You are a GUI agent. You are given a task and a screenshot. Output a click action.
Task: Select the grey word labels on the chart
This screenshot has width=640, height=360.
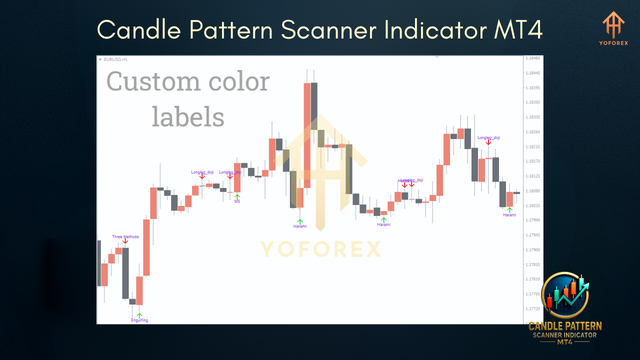188,116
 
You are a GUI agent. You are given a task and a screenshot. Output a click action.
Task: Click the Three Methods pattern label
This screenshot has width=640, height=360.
125,236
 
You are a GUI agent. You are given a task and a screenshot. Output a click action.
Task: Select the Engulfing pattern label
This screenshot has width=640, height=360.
139,320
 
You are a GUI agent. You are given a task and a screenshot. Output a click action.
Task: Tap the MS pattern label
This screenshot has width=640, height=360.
237,201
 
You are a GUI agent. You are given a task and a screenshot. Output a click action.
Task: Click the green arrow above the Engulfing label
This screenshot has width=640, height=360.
139,314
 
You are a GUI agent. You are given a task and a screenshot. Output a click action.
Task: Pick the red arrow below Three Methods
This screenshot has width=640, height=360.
125,242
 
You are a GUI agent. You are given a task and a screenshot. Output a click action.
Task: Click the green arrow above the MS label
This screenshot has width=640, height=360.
237,196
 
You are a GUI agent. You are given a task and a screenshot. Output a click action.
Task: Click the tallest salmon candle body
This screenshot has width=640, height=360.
307,135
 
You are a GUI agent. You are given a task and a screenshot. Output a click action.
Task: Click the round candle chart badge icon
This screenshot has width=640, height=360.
565,295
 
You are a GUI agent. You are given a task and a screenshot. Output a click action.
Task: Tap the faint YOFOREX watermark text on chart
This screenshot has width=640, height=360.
320,249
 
